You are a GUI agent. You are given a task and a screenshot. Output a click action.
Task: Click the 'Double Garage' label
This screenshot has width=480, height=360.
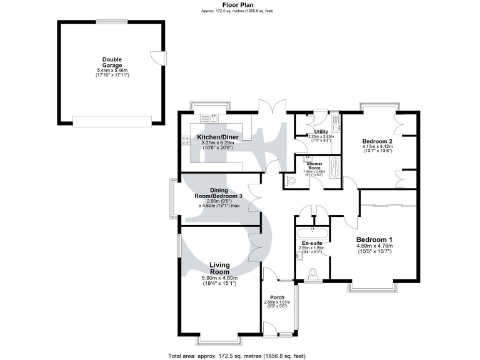(112, 62)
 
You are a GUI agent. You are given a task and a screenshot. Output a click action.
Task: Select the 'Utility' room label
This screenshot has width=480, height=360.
(321, 131)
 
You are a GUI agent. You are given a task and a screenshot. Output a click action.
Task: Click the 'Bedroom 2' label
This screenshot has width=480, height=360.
(377, 142)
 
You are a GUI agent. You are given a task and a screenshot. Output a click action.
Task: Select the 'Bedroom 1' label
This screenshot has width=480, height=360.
(374, 240)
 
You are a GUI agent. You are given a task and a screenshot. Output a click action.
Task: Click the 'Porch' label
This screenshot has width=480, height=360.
(277, 297)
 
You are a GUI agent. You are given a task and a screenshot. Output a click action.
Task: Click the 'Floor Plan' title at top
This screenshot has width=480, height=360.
(237, 4)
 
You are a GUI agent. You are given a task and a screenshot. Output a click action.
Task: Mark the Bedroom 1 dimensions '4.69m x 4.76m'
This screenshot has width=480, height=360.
(374, 247)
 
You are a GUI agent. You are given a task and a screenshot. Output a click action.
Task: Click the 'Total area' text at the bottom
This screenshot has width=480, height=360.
(236, 356)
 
